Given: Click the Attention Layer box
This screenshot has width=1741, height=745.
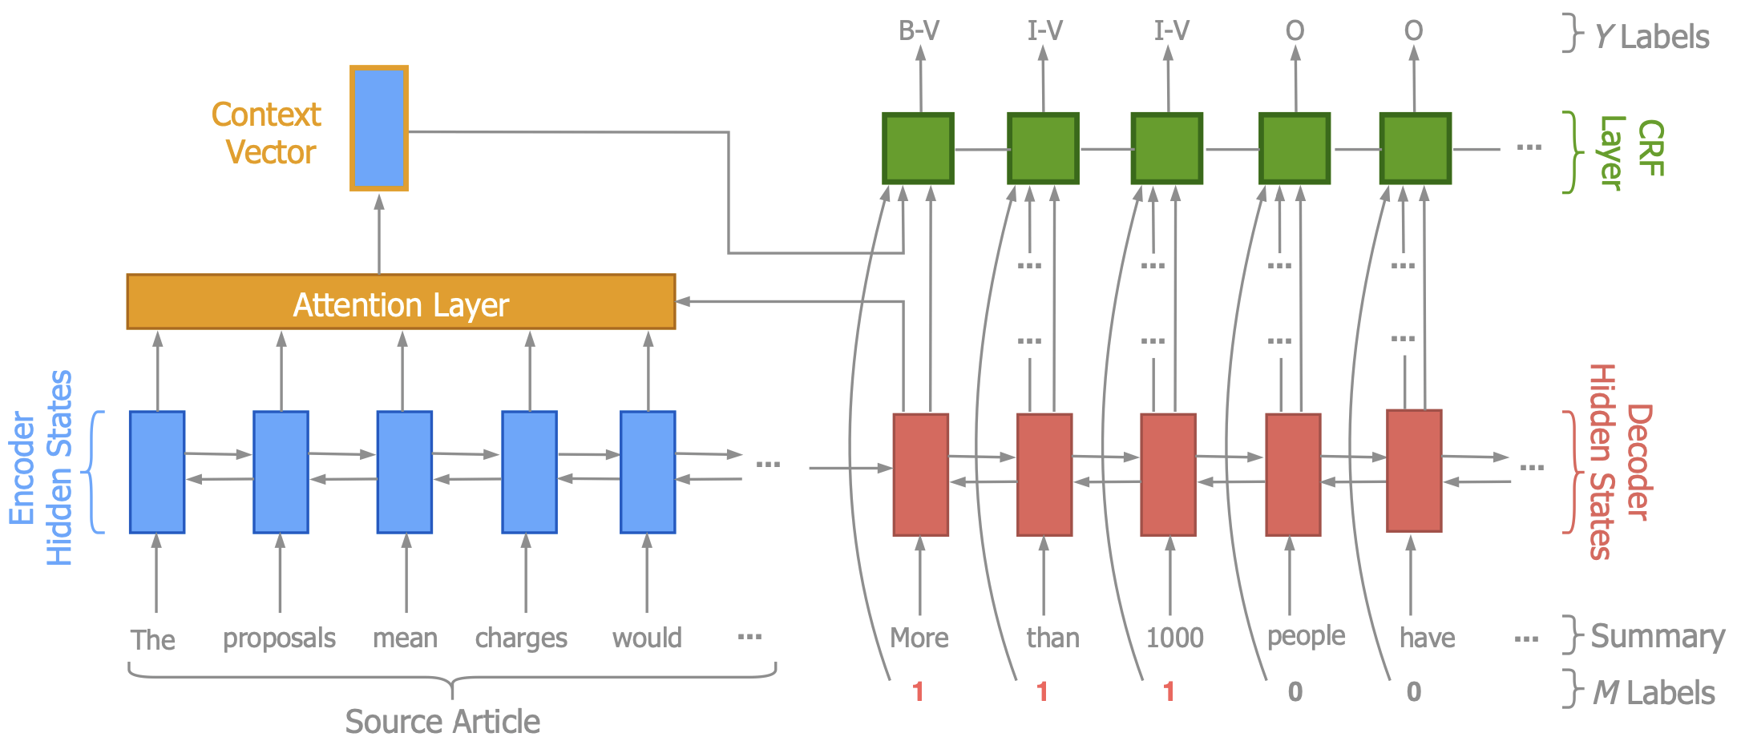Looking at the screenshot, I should click(x=401, y=302).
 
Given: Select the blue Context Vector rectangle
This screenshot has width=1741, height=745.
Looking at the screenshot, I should click(x=379, y=128).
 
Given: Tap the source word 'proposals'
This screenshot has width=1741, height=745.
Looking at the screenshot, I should click(x=279, y=638).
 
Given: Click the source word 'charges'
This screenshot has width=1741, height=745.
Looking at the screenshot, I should click(x=521, y=638).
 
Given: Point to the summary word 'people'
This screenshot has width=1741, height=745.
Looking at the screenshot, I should click(x=1306, y=636).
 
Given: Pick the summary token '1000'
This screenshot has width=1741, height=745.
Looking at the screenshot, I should click(x=1174, y=638).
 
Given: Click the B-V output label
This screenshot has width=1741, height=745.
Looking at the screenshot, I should click(x=919, y=31).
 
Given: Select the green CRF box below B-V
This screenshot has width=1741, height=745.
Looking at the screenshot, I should click(x=919, y=149).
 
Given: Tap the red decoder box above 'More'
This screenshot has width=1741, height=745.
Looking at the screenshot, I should click(x=920, y=474).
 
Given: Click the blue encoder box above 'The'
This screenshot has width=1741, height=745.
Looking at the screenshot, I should click(x=157, y=472).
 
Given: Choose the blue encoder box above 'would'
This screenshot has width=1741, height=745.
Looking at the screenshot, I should click(x=648, y=472).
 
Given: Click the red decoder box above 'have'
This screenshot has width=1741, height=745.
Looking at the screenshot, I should click(x=1414, y=471).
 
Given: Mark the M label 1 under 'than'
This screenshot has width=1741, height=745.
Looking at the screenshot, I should click(x=1042, y=691).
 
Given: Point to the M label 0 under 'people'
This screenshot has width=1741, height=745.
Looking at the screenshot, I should click(x=1295, y=691).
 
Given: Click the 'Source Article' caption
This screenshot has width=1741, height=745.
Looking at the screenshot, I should click(x=442, y=722).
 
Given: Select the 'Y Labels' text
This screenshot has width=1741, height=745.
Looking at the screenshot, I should click(x=1651, y=37).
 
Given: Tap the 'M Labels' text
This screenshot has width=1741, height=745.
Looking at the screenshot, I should click(x=1653, y=693).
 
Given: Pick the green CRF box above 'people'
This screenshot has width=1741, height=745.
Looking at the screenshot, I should click(x=1295, y=149).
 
